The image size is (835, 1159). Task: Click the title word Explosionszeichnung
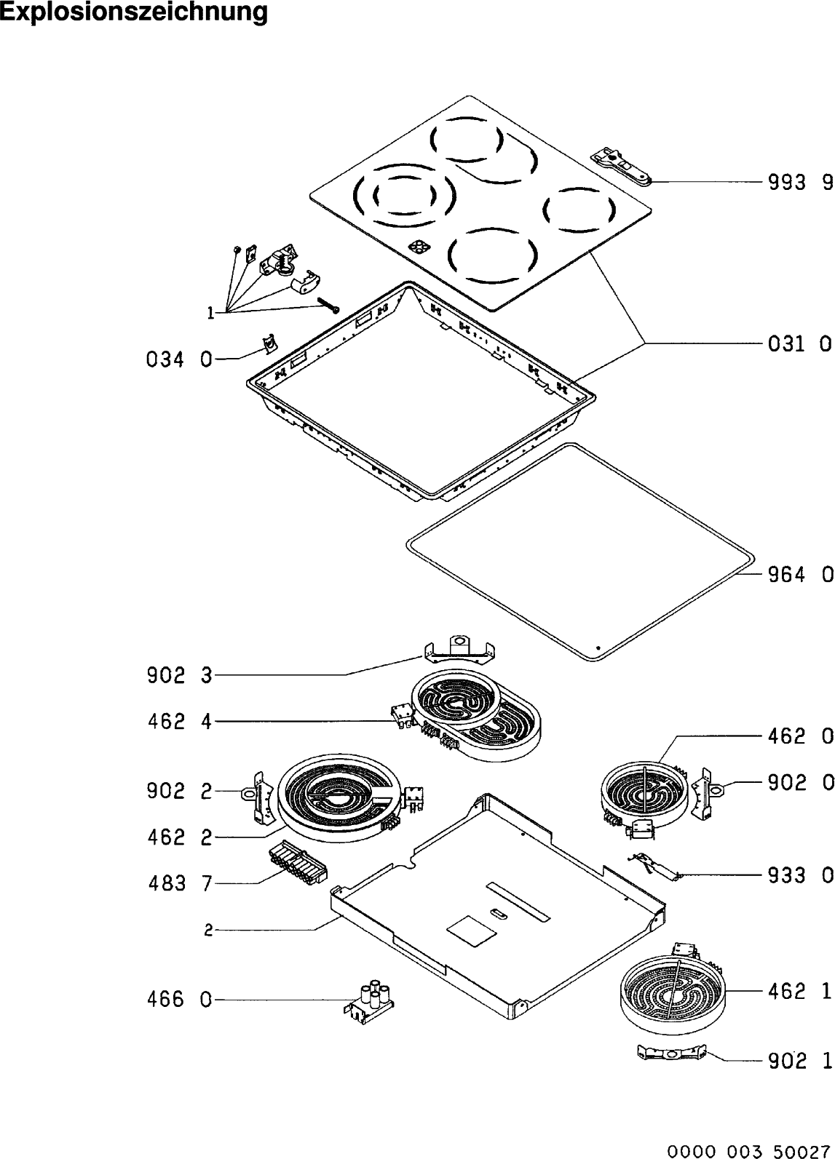point(134,12)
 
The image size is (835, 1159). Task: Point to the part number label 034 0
point(178,359)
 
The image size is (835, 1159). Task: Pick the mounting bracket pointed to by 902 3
point(458,649)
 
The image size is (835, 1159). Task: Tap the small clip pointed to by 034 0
point(269,342)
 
